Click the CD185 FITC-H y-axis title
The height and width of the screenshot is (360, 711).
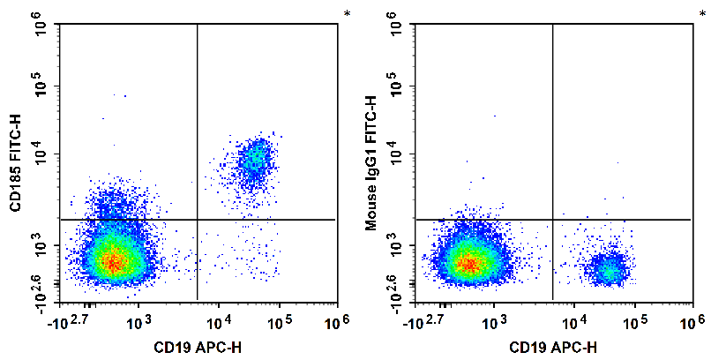15,162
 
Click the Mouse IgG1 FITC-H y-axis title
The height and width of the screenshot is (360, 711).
371,163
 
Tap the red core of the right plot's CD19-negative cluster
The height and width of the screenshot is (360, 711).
468,263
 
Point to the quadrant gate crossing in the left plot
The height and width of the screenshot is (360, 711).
197,219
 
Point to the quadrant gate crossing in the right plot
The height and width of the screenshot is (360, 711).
552,219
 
